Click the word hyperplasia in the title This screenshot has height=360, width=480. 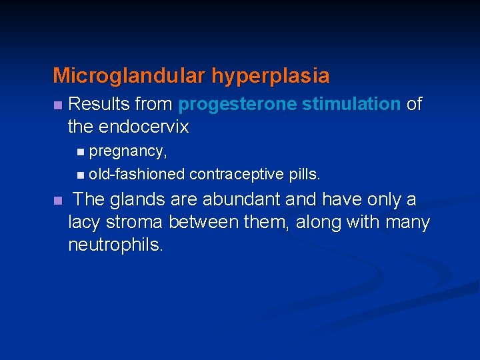(271, 76)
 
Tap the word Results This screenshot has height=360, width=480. (99, 105)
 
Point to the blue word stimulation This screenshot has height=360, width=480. (351, 105)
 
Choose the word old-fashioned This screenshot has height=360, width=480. (137, 175)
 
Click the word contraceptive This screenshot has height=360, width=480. (237, 175)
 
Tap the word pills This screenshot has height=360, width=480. (305, 175)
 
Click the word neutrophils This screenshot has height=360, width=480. (115, 245)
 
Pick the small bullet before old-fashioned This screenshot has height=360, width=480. (80, 175)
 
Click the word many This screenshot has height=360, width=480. (407, 222)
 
